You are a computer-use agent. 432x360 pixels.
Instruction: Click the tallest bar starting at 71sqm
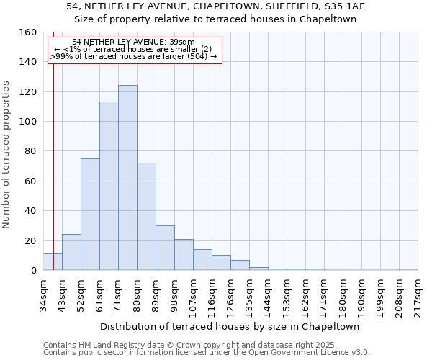127,178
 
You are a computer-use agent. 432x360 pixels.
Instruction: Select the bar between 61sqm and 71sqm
109,186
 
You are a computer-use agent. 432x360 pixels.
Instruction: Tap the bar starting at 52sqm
90,215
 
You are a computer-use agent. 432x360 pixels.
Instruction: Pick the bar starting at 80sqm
146,217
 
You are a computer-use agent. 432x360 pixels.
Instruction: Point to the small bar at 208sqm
408,269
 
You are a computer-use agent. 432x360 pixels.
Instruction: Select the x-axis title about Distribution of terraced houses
230,326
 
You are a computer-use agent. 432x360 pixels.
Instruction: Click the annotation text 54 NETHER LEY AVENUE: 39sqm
133,42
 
